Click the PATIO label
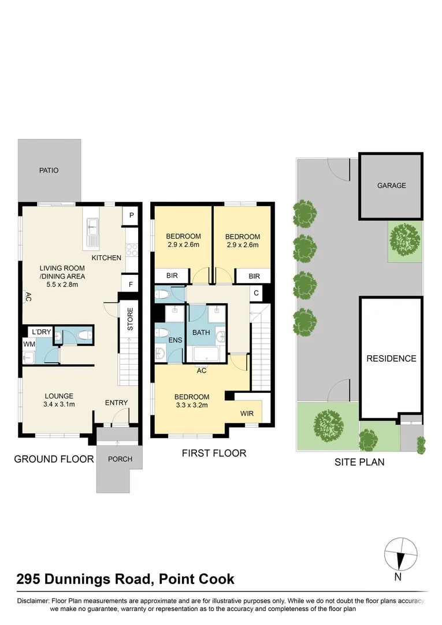tap(49, 170)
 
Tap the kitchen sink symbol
tap(92, 231)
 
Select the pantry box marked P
tap(132, 216)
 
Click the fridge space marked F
tap(132, 284)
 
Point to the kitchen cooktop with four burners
tap(132, 250)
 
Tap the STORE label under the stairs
tap(130, 318)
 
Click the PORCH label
tap(120, 459)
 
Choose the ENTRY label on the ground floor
tap(116, 403)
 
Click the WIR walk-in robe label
tap(247, 414)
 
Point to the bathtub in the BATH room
tap(207, 354)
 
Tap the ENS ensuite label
tap(176, 340)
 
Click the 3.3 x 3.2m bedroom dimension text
tap(192, 405)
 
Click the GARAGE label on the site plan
tap(391, 186)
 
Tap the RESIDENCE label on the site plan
tap(391, 358)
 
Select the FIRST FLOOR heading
tap(214, 453)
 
